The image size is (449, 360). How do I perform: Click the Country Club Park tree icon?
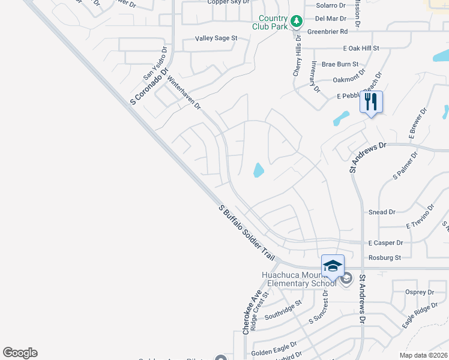pyautogui.click(x=296, y=22)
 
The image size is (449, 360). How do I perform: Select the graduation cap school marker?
pyautogui.click(x=333, y=266)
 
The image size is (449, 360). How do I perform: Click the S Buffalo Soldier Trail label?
pyautogui.click(x=247, y=232)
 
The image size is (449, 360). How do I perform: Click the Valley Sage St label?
pyautogui.click(x=216, y=38)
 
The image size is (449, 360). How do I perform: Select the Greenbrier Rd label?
pyautogui.click(x=327, y=31)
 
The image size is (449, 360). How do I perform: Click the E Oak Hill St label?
pyautogui.click(x=361, y=48)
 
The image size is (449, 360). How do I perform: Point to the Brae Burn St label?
pyautogui.click(x=340, y=64)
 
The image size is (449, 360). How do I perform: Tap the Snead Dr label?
pyautogui.click(x=382, y=212)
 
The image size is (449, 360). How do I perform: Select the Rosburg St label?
pyautogui.click(x=385, y=257)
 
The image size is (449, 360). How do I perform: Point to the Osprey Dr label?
pyautogui.click(x=420, y=292)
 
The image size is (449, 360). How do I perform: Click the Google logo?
pyautogui.click(x=20, y=353)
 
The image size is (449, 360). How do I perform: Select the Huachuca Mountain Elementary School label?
pyautogui.click(x=300, y=280)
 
